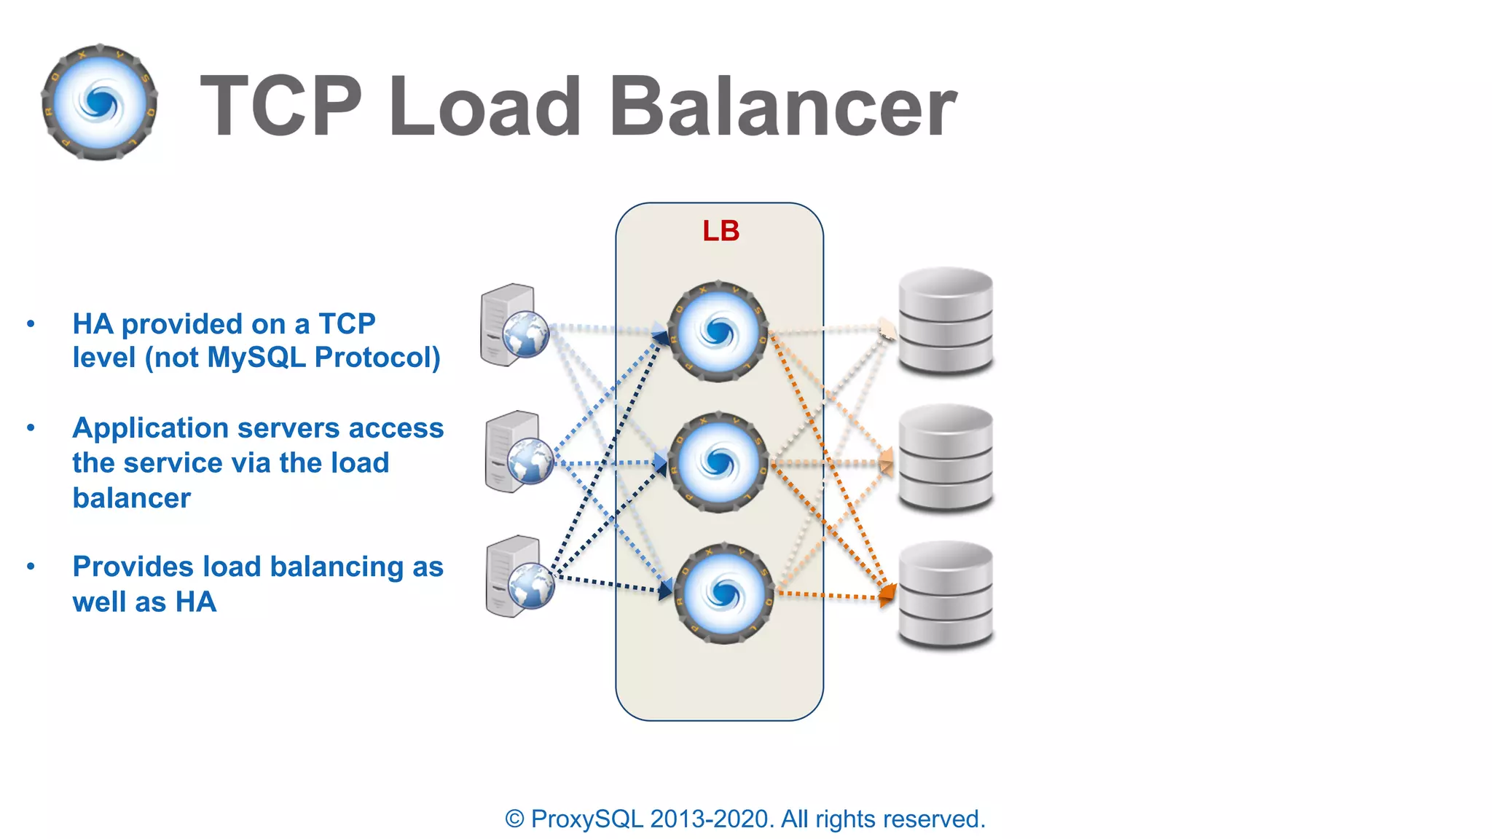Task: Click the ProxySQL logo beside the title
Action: click(x=100, y=102)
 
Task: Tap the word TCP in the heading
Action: click(x=280, y=107)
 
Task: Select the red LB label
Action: click(x=721, y=231)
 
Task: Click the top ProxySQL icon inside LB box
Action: click(x=718, y=332)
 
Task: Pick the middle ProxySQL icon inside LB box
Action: click(x=718, y=462)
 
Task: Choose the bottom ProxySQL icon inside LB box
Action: click(x=723, y=594)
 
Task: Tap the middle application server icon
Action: click(x=518, y=452)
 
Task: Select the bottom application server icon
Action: click(x=518, y=577)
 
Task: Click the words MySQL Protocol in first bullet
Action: click(x=323, y=358)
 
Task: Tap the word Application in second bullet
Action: click(x=150, y=428)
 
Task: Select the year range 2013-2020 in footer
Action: click(x=711, y=819)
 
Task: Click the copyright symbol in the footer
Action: click(x=514, y=819)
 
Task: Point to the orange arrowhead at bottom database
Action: click(x=887, y=594)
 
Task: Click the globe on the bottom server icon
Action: click(x=531, y=586)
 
